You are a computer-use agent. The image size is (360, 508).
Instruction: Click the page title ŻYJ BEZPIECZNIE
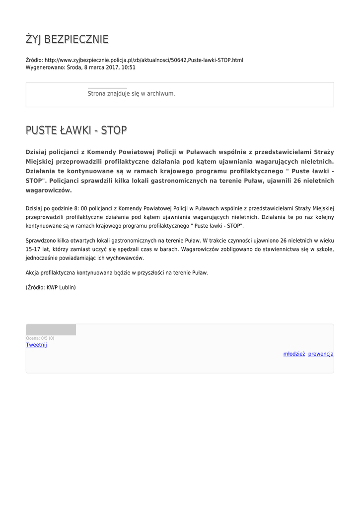(x=67, y=39)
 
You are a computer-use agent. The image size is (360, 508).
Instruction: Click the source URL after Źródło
(x=144, y=60)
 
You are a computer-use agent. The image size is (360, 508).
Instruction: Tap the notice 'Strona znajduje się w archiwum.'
(x=131, y=93)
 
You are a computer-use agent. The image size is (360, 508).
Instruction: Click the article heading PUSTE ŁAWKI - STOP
(x=76, y=130)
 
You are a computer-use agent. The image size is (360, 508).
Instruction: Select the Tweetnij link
(x=36, y=345)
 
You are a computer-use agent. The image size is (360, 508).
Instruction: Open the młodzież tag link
(x=294, y=354)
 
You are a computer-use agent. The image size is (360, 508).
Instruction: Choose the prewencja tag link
(x=321, y=354)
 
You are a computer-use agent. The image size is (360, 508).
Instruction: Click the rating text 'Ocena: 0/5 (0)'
(x=40, y=338)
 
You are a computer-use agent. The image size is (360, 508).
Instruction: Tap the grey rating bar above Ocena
(x=51, y=330)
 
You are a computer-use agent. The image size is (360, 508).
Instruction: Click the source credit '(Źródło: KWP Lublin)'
(x=51, y=287)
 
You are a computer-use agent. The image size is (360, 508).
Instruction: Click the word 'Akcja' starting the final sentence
(x=33, y=272)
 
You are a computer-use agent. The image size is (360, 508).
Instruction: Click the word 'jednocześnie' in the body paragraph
(x=43, y=258)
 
